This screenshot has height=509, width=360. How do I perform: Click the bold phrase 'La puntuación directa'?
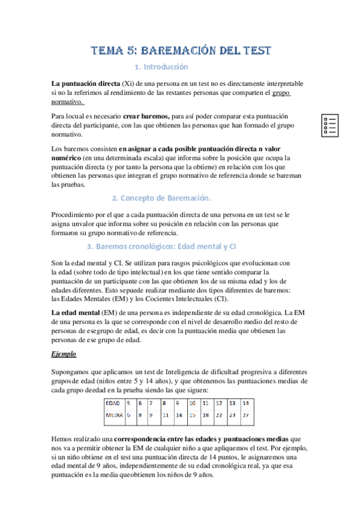tap(86, 83)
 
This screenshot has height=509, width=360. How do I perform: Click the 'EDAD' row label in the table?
tap(113, 403)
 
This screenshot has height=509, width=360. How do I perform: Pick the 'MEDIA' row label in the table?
tap(115, 415)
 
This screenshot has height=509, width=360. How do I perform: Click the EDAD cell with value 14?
tap(245, 403)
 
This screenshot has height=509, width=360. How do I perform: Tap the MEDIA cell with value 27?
tap(245, 415)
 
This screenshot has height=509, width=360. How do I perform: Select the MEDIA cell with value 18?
tap(205, 415)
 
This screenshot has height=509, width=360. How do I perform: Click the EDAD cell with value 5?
tap(128, 403)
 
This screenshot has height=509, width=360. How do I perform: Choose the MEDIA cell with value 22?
tap(219, 415)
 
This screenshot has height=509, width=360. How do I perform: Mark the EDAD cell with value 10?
tap(192, 403)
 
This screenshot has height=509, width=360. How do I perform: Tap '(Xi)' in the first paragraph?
tap(128, 83)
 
